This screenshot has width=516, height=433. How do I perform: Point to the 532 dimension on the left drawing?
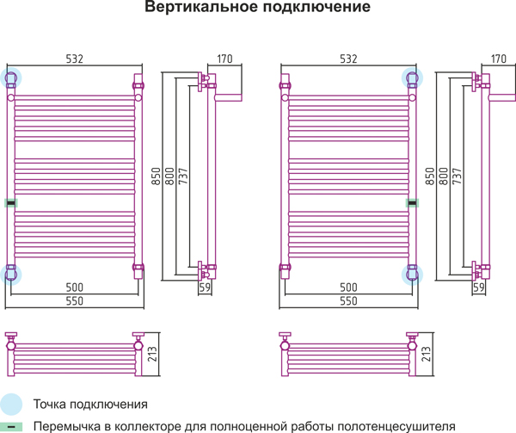pos(75,59)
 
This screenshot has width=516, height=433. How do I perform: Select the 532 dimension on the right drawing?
pos(347,59)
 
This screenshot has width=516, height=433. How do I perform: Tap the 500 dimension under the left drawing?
pos(75,287)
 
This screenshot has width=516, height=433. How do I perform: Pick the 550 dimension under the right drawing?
pos(347,301)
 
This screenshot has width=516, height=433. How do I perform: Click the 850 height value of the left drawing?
pos(156,176)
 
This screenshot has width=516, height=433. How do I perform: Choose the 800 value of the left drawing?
pos(169,176)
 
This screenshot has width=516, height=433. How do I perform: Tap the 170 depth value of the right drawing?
pos(499,59)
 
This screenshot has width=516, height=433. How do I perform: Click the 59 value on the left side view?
pos(205,288)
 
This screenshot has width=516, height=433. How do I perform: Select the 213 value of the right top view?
pos(427,354)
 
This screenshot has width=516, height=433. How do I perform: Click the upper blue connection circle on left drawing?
pos(12,77)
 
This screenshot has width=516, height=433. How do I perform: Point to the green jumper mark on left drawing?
pos(10,203)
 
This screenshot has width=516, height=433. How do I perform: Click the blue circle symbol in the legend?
pos(11,404)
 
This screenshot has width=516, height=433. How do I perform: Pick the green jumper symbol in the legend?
pos(11,425)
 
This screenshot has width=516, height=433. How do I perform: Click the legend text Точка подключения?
pos(90,404)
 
